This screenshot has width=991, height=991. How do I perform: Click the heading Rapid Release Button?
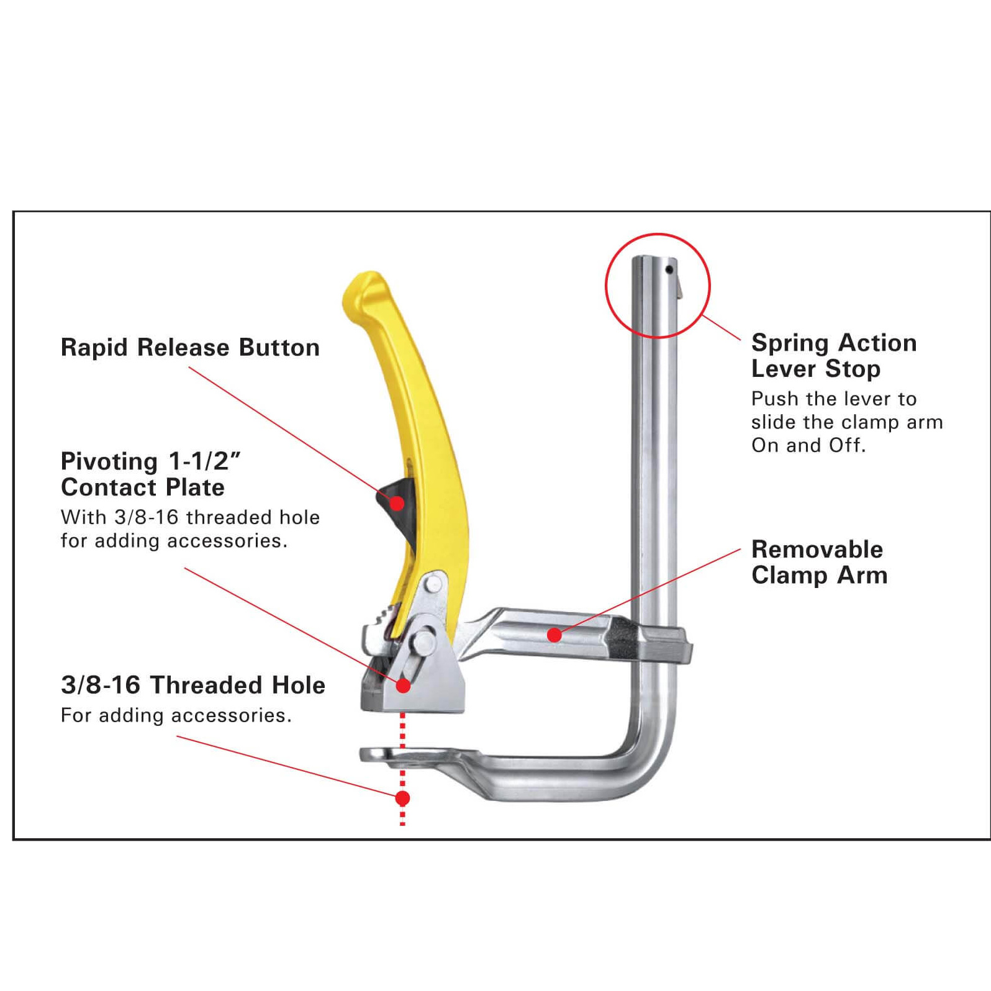coord(190,348)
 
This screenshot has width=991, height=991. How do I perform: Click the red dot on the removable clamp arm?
coord(554,635)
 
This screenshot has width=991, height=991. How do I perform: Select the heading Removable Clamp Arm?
coord(819,563)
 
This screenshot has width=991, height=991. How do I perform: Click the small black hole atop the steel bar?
coord(669,269)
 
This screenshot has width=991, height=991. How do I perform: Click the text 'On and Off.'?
coord(808,445)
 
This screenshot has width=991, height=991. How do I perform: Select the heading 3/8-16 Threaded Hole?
coord(193,686)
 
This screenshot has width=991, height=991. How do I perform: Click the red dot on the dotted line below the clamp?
coord(402,798)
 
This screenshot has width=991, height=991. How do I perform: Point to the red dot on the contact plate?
coord(403,686)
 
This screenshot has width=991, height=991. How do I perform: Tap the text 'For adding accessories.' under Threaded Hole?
coord(176,715)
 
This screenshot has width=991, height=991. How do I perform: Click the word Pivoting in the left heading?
coord(109,461)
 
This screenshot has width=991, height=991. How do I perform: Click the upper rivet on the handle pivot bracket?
coord(433,584)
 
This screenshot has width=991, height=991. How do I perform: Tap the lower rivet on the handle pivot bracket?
coord(425,641)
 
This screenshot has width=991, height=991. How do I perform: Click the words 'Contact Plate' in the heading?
coord(143,487)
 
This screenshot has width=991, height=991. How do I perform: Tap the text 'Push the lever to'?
coord(833,399)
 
